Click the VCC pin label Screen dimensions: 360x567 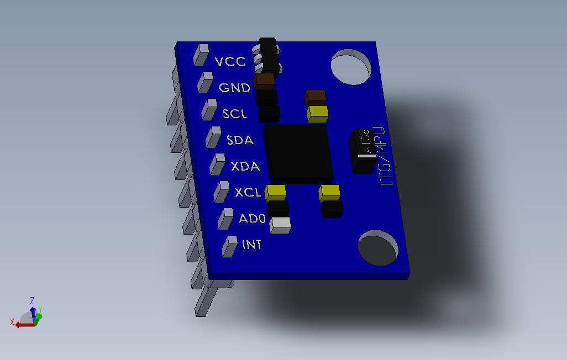[x=230, y=61]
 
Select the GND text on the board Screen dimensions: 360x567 [x=234, y=88]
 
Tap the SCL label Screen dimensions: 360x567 [x=235, y=114]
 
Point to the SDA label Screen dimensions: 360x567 [x=240, y=140]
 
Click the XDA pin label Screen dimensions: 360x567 [x=245, y=166]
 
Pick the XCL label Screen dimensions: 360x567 [x=248, y=193]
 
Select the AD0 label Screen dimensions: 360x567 [x=253, y=219]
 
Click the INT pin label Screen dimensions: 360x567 [x=252, y=244]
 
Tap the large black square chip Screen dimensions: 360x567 [x=298, y=153]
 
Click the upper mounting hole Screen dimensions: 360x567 [x=351, y=67]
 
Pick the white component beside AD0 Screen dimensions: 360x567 [x=281, y=225]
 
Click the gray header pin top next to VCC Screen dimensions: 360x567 [x=200, y=54]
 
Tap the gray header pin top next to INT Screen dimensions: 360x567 [x=229, y=246]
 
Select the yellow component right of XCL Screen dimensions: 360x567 [x=275, y=193]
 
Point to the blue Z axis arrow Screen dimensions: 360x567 [x=33, y=313]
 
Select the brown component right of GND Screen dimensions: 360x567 [x=265, y=81]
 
